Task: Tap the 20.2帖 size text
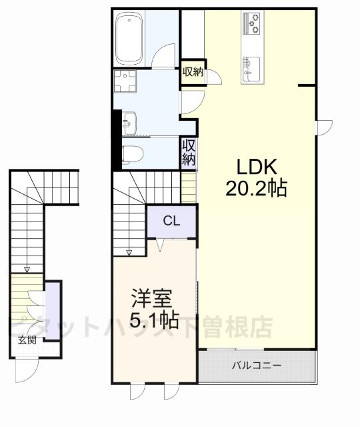255,189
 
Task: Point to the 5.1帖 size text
154,322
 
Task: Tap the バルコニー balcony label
257,366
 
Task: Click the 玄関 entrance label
27,340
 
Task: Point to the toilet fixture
131,154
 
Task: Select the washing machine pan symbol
124,82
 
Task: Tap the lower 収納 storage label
189,152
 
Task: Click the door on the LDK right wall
323,126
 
